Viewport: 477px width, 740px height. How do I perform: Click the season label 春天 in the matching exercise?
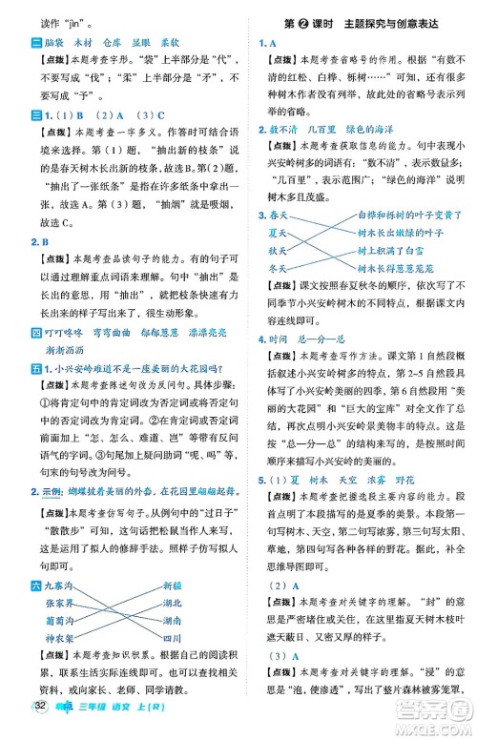280,216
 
